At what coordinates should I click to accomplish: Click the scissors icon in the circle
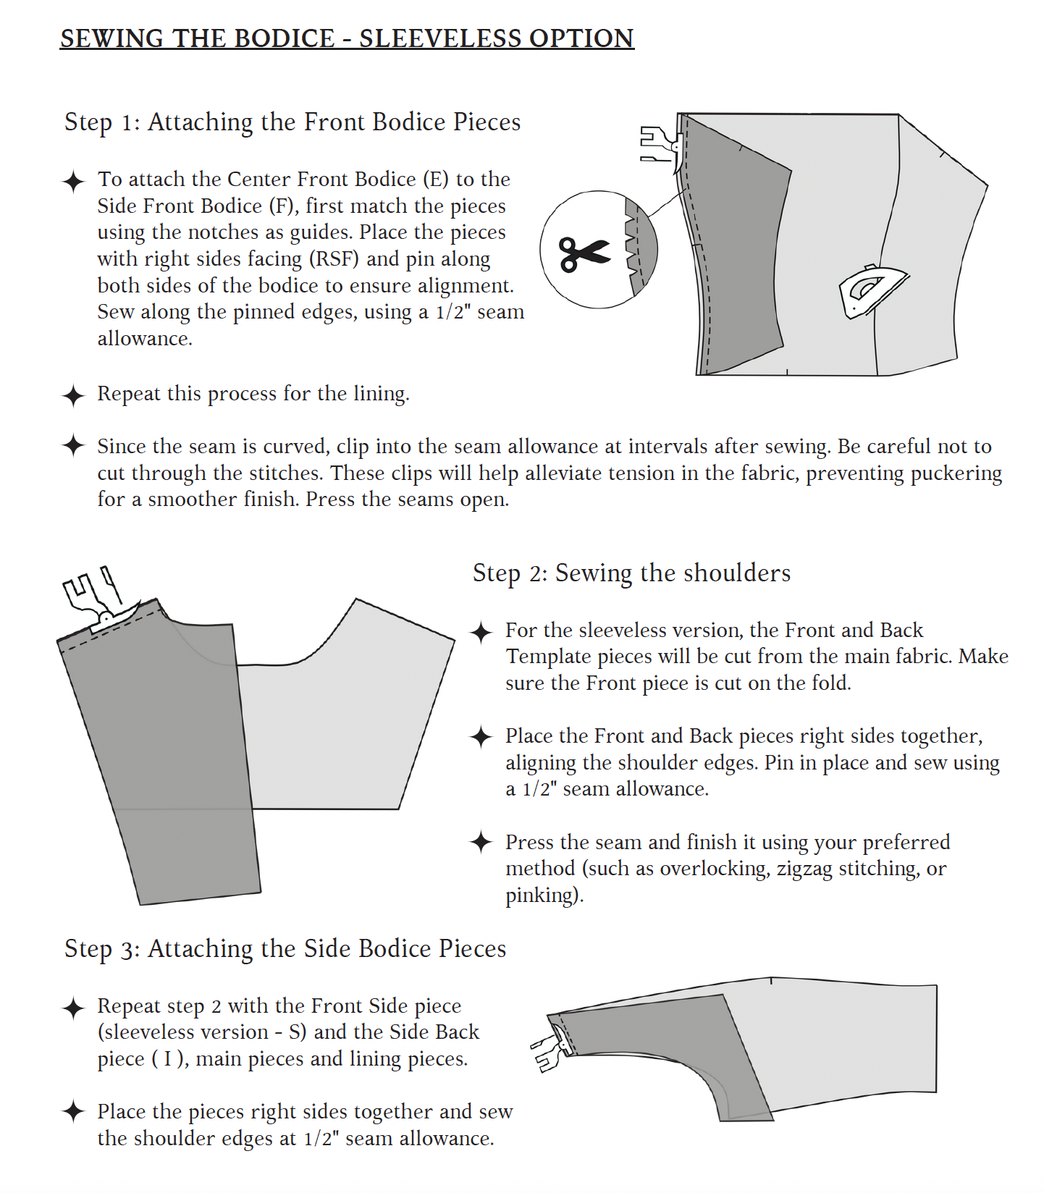point(584,253)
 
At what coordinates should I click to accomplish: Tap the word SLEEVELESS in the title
point(440,38)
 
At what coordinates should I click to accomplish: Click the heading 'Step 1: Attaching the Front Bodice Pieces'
point(292,122)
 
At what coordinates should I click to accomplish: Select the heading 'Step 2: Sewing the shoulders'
point(631,573)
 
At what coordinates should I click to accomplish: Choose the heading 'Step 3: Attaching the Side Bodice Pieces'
point(285,948)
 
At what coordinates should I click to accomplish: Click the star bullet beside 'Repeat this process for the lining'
point(73,395)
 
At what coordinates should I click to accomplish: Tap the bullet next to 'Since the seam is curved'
point(73,446)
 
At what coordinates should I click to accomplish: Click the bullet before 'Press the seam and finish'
point(481,842)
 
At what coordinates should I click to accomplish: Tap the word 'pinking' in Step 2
point(542,895)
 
